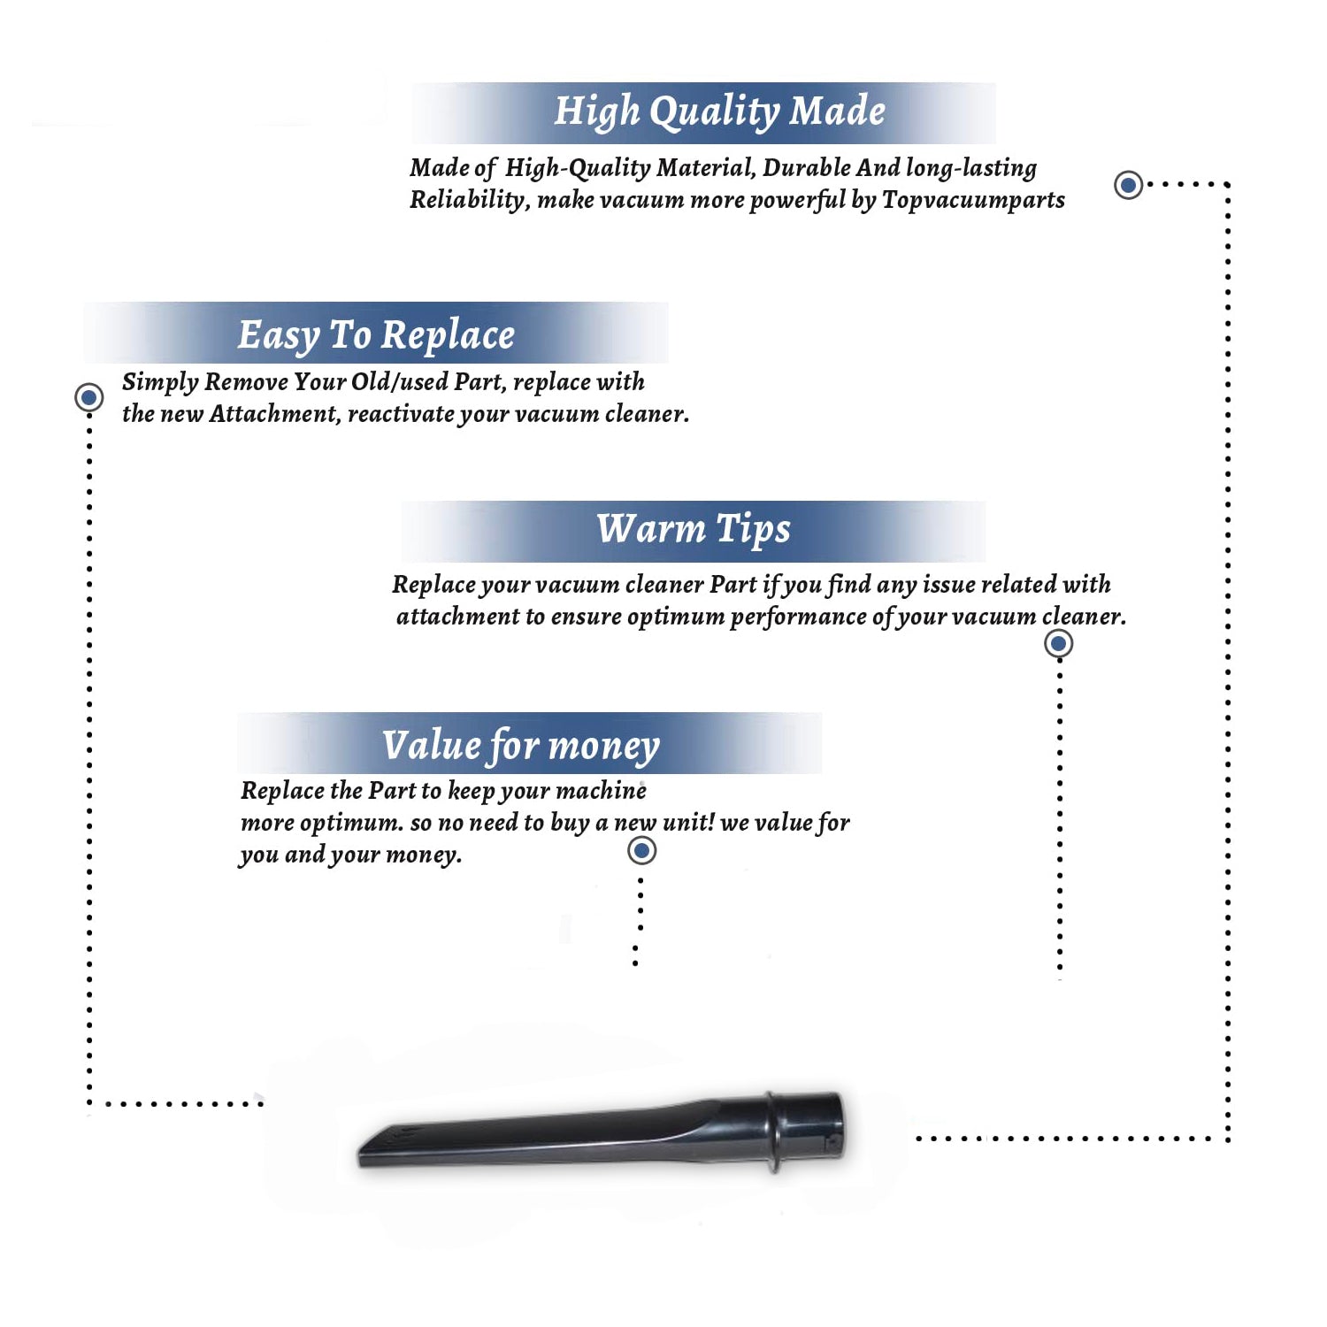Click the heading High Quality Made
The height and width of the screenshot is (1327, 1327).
719,112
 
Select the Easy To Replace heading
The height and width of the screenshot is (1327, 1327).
376,336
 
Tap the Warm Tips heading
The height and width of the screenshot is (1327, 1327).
694,530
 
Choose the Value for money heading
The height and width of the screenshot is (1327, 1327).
521,746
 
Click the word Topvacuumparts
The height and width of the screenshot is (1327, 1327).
973,201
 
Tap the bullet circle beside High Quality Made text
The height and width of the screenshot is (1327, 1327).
1128,185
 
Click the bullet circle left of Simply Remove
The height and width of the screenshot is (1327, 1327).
88,397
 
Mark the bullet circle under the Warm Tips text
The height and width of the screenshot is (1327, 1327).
1058,643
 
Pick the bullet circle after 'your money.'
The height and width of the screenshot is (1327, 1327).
641,851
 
